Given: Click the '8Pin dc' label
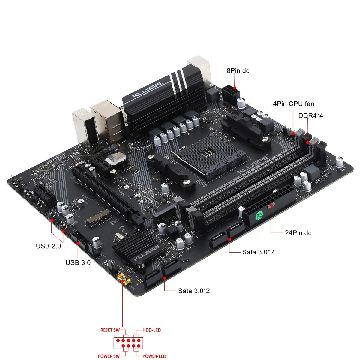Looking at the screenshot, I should click(238, 71).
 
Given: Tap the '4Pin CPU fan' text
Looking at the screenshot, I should click(293, 104).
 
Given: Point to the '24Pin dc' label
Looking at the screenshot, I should click(298, 233).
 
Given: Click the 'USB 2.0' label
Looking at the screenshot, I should click(48, 246).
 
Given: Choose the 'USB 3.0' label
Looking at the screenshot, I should click(78, 263).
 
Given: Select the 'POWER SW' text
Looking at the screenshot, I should click(108, 357).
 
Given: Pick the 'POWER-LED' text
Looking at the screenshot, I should click(154, 357).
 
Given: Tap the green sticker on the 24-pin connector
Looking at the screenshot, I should click(259, 215).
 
